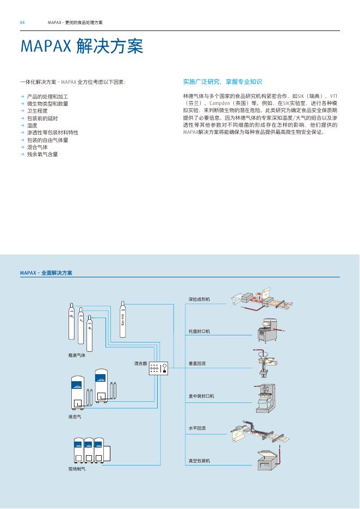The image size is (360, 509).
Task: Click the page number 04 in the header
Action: pos(22,22)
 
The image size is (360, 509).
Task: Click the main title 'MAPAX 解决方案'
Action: pos(82,46)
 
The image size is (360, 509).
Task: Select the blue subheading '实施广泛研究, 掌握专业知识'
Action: pos(222,82)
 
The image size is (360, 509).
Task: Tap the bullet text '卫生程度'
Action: pos(38,110)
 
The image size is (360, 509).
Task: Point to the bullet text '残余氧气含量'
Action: pos(42,154)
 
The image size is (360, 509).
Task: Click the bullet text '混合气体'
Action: pos(38,147)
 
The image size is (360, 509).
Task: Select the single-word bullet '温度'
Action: pos(32,125)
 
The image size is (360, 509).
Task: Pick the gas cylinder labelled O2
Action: pos(90,332)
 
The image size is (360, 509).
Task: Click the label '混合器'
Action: pos(140,363)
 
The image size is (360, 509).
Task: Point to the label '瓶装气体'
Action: pos(77,355)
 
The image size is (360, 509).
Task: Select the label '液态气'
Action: pos(75,417)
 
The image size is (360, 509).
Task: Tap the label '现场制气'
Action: pos(77,469)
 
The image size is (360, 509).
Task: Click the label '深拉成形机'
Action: pos(200,299)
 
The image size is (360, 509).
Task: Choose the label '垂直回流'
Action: pos(197,363)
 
